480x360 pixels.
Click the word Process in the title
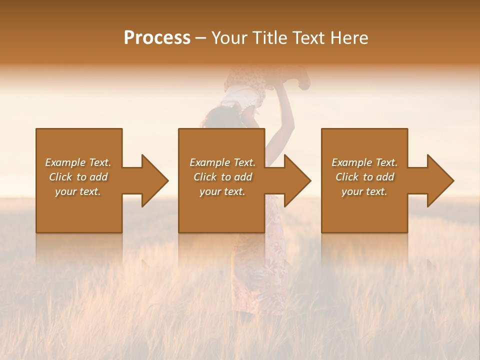pos(157,38)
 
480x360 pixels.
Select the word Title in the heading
pos(269,38)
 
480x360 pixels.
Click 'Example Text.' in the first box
pos(78,162)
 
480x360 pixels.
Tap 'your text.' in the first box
pos(78,191)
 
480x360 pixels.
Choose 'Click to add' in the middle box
pos(222,177)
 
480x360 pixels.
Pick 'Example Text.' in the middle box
pos(222,162)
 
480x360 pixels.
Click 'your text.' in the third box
pos(364,191)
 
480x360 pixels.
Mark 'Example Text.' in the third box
pos(364,162)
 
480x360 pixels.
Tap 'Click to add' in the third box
pos(364,177)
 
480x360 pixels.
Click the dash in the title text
pos(201,38)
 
